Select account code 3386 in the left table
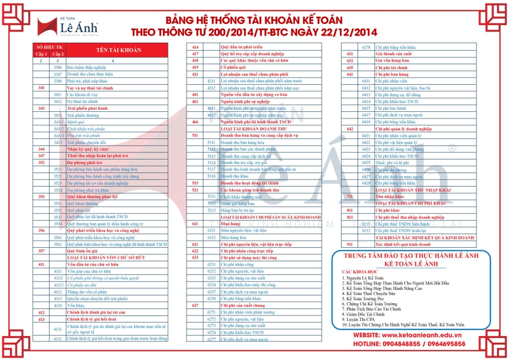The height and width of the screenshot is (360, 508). point(58,68)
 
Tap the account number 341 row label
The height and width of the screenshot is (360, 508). point(42,88)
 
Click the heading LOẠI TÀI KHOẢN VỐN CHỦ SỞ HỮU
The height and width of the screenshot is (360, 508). point(106,258)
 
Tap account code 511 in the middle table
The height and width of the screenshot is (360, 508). point(195,135)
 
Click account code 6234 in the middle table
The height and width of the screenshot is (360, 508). point(211,285)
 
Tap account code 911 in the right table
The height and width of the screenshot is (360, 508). point(350,244)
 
